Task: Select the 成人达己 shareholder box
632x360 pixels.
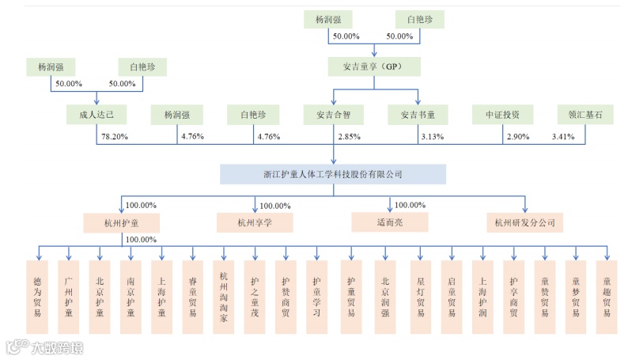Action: click(97, 116)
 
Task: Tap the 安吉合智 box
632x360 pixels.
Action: click(333, 116)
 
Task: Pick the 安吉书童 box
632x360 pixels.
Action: click(418, 116)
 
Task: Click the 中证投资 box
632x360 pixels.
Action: click(503, 116)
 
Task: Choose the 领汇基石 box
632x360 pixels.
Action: click(585, 116)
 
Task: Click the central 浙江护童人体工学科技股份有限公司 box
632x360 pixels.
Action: click(333, 174)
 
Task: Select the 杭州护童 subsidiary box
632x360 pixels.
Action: click(122, 222)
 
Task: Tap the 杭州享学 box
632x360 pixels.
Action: click(255, 222)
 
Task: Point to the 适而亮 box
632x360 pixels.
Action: click(389, 222)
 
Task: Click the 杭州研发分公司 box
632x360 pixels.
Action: click(524, 222)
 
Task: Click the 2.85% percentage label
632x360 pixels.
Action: click(349, 137)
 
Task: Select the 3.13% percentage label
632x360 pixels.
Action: click(433, 137)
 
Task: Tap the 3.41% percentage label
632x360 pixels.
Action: click(563, 137)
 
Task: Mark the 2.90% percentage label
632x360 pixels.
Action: click(518, 137)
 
